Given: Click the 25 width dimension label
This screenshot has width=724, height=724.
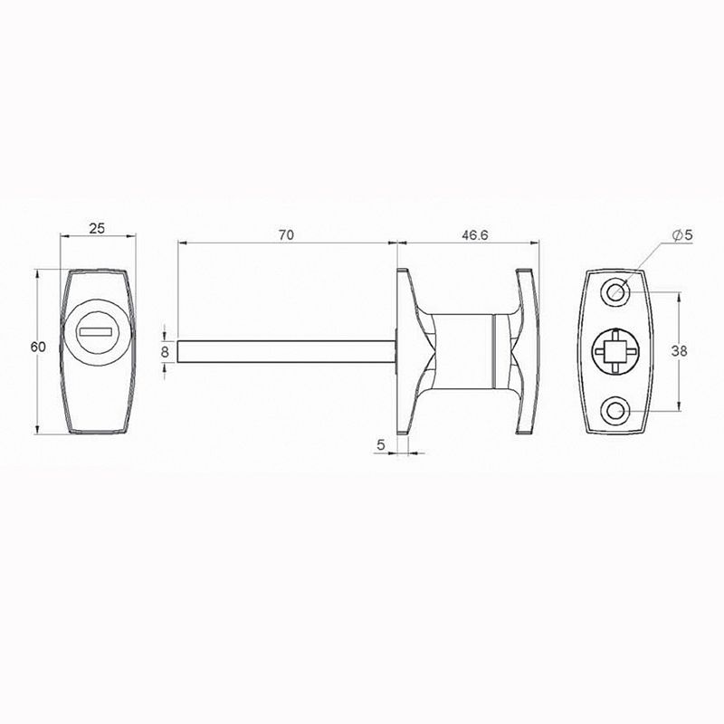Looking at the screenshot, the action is [97, 228].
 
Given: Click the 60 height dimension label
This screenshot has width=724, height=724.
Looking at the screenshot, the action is [38, 347].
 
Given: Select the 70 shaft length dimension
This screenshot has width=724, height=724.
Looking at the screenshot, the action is [286, 235].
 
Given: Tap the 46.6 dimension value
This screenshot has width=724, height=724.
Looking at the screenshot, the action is [474, 235].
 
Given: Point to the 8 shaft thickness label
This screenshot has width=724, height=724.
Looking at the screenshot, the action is [165, 352].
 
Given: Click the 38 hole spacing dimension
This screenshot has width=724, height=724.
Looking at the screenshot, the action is [679, 351].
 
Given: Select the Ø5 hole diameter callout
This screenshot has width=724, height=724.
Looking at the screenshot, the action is [683, 235].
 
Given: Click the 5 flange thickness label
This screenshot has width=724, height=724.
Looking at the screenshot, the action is [380, 445].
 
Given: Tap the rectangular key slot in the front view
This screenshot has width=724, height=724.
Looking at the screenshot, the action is [96, 331].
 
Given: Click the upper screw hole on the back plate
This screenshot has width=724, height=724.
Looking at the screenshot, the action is [615, 291].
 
